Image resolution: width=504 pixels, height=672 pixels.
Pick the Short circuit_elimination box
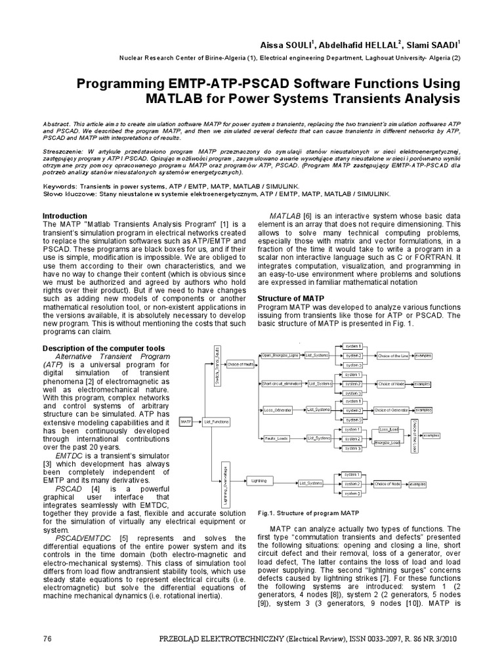(280, 383)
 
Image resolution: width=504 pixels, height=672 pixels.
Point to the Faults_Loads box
(276, 438)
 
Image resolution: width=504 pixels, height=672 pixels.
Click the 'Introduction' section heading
(64, 216)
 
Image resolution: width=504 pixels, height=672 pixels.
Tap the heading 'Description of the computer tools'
(94, 347)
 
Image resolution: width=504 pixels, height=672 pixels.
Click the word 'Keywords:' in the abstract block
(58, 186)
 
